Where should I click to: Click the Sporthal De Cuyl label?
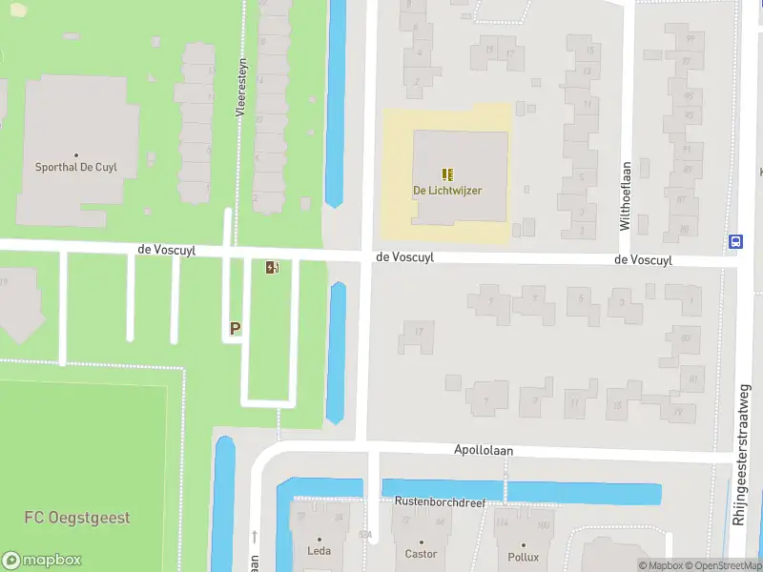75,168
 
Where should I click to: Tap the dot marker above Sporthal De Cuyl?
75,154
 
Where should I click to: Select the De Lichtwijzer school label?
446,191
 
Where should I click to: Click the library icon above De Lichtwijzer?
446,174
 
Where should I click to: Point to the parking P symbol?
235,329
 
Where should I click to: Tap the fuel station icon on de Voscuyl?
273,268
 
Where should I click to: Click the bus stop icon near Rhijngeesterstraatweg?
735,242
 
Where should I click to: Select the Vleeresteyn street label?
241,86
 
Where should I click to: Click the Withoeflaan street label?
625,195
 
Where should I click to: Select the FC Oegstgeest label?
77,519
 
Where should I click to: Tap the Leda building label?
319,552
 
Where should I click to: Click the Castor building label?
421,554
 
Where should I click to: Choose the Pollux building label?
524,557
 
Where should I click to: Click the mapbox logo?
42,561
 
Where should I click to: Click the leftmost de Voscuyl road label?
167,250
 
